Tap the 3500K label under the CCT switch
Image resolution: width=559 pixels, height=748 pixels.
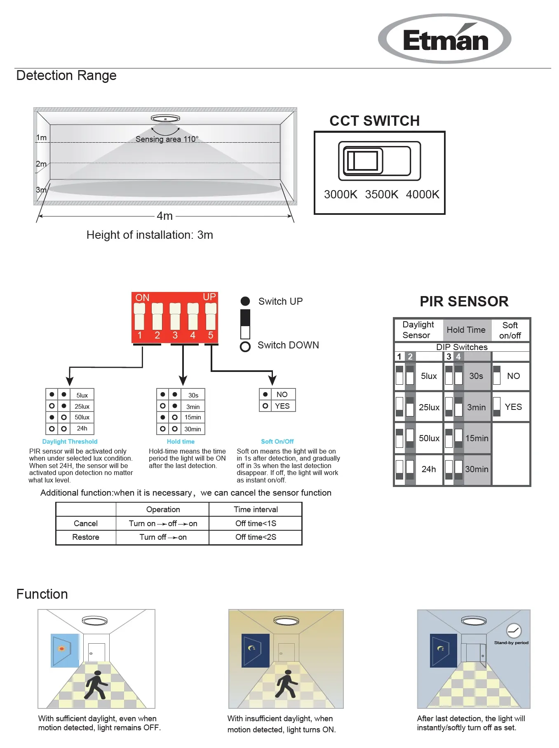point(381,194)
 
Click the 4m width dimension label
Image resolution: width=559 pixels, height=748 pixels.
point(164,216)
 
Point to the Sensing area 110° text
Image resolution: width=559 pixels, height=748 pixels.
point(167,139)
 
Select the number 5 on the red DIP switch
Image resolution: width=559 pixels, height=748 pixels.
point(211,335)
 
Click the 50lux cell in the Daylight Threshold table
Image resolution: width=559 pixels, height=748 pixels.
point(82,417)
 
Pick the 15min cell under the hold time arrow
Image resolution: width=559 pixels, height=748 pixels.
point(193,417)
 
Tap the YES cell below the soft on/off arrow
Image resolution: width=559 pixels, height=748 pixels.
point(282,406)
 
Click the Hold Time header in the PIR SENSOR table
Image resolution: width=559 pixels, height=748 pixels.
point(466,330)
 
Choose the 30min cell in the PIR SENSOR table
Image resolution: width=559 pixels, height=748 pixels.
point(477,469)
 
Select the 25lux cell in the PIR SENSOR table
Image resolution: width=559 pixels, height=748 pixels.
point(429,407)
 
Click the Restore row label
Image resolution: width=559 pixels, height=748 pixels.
point(86,537)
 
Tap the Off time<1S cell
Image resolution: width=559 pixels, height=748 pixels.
point(256,523)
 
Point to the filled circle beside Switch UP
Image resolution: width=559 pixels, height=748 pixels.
point(245,301)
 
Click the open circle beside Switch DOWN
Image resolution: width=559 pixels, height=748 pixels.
point(245,347)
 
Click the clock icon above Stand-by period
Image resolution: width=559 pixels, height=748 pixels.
point(514,630)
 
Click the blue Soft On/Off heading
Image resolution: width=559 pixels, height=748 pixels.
point(277,442)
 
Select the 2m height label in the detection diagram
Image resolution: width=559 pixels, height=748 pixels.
point(41,164)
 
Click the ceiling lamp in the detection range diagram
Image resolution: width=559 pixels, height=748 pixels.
point(165,119)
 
